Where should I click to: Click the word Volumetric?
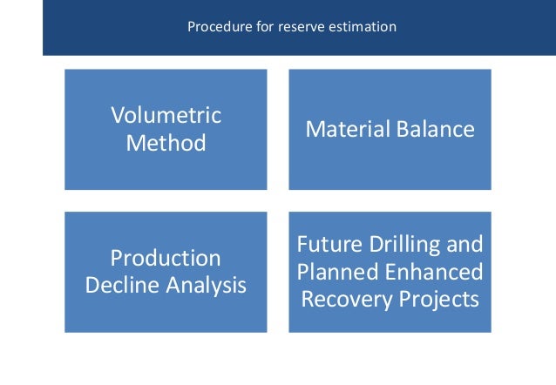pyautogui.click(x=166, y=115)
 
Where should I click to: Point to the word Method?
pyautogui.click(x=166, y=142)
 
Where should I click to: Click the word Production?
pyautogui.click(x=166, y=258)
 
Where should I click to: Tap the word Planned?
pyautogui.click(x=335, y=271)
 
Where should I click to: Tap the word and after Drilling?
pyautogui.click(x=464, y=243)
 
